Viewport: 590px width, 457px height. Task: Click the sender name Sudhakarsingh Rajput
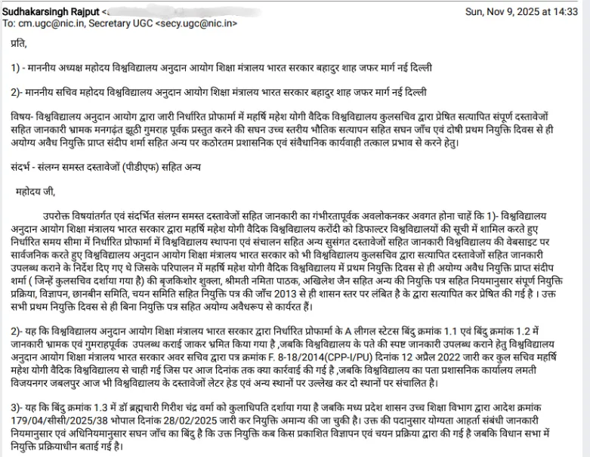pyautogui.click(x=51, y=11)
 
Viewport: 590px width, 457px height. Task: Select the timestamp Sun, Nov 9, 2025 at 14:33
pyautogui.click(x=520, y=11)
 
